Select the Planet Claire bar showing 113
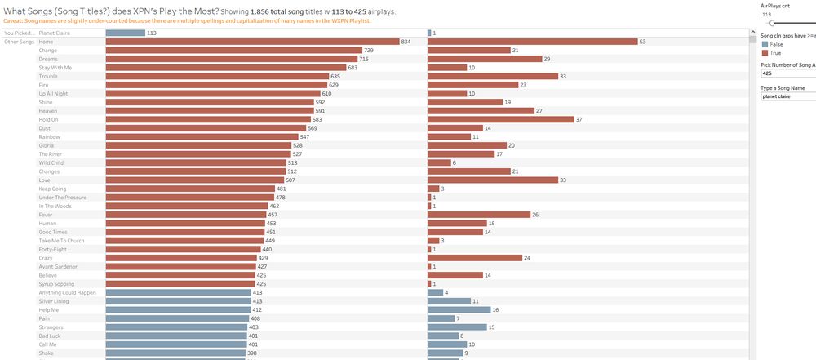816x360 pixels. [x=125, y=33]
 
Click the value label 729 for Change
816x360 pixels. [x=369, y=51]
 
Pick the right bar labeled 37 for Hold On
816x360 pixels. [x=500, y=119]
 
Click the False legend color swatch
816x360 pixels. [x=764, y=44]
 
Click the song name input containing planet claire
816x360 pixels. [x=787, y=96]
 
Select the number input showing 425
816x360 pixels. [x=787, y=73]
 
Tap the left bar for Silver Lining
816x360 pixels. [x=178, y=301]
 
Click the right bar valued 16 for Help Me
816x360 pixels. [x=459, y=310]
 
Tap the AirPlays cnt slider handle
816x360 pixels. [x=771, y=23]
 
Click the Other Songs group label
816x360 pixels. [x=19, y=42]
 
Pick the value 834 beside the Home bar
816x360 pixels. [x=406, y=42]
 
